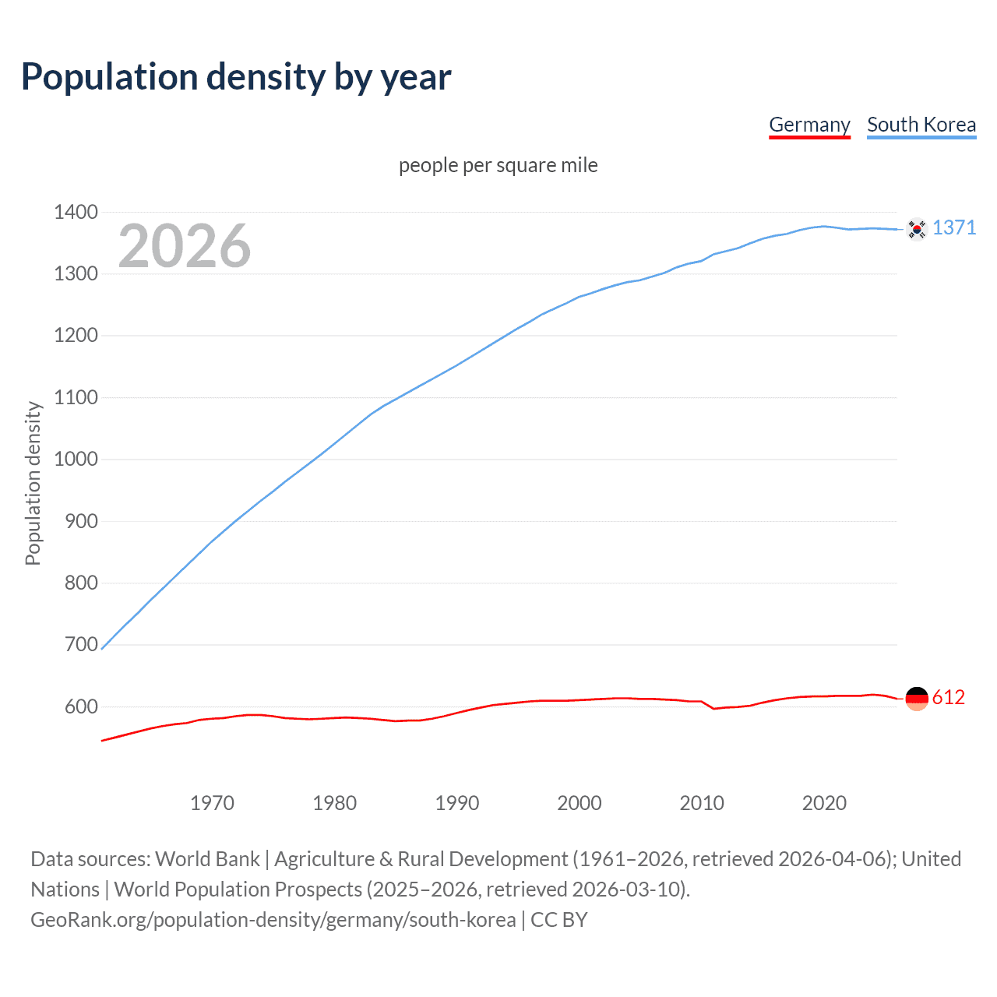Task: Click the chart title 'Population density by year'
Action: click(236, 77)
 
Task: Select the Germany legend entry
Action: click(809, 125)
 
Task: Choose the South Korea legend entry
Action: click(921, 125)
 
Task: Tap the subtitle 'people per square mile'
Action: click(498, 165)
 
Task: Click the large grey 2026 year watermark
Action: click(185, 246)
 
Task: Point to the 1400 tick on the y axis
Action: click(76, 212)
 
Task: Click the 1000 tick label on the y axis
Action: click(76, 459)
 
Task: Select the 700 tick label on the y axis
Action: click(81, 644)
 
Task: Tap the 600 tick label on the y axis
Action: click(81, 706)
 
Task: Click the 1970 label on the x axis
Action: click(212, 803)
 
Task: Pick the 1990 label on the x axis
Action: click(457, 803)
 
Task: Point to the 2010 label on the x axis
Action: click(702, 803)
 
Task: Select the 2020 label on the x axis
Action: click(824, 803)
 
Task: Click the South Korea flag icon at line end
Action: click(917, 229)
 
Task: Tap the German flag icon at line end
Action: click(917, 699)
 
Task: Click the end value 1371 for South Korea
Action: click(954, 227)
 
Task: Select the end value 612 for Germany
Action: click(948, 697)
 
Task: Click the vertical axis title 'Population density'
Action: click(33, 483)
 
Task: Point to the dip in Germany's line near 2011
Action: click(714, 708)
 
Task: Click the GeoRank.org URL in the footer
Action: click(273, 920)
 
